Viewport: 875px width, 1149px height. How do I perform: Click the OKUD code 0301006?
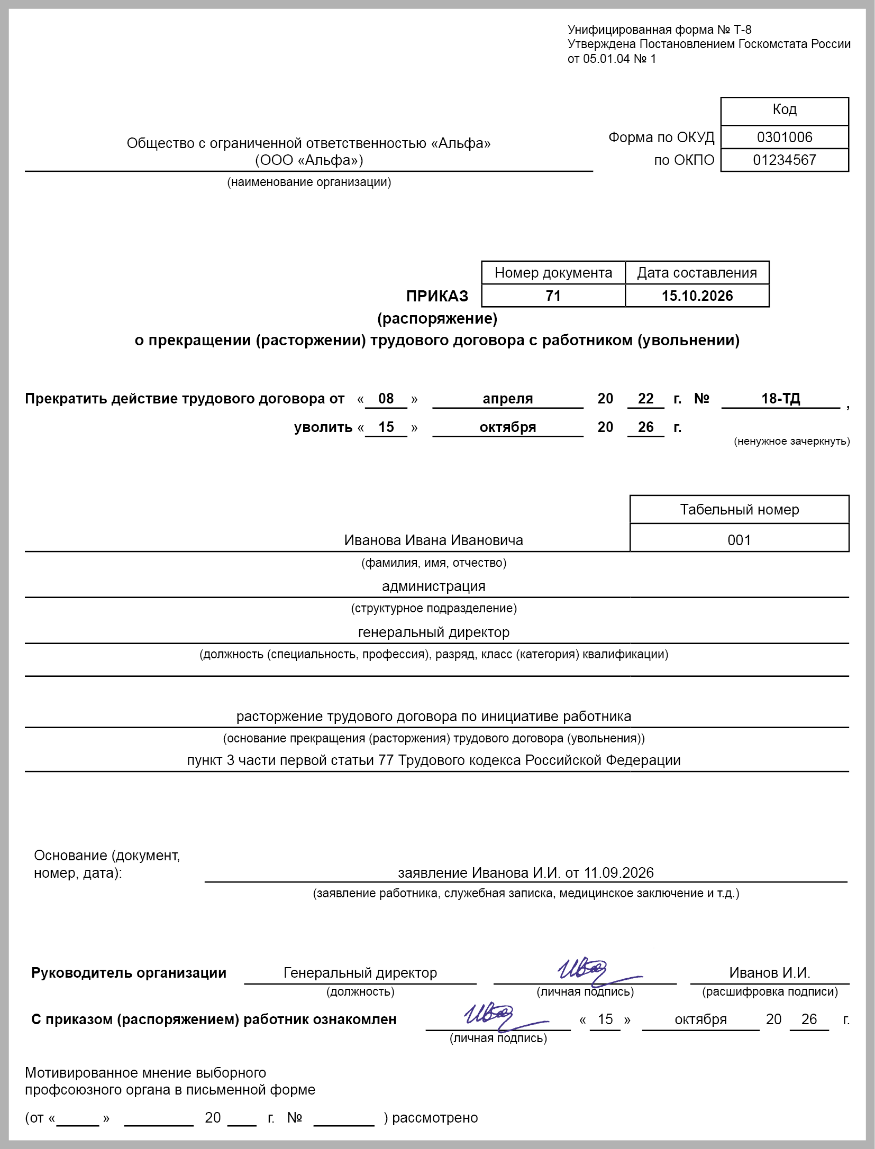(x=784, y=137)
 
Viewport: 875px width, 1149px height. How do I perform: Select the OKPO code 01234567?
(x=784, y=160)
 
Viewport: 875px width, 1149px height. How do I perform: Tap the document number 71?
(x=553, y=296)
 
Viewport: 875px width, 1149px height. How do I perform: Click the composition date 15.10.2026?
(x=697, y=296)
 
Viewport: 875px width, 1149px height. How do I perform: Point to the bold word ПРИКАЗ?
(x=437, y=296)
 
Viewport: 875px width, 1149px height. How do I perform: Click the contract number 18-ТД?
(x=780, y=399)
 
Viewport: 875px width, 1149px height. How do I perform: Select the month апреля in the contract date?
(x=507, y=399)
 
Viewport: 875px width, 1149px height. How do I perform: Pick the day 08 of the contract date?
(x=386, y=399)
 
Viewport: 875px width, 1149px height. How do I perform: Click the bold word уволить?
(x=323, y=427)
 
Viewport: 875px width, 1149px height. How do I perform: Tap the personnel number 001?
(x=739, y=540)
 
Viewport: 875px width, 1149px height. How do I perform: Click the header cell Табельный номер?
(x=739, y=510)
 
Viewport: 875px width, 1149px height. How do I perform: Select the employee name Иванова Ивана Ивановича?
(x=433, y=540)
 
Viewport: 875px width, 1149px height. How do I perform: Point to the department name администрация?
(x=433, y=586)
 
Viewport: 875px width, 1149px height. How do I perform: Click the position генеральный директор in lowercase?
(x=433, y=632)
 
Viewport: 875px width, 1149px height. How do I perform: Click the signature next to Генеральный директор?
(x=587, y=971)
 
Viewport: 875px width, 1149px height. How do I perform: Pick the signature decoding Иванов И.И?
(x=769, y=973)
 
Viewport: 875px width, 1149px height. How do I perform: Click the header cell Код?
(x=784, y=109)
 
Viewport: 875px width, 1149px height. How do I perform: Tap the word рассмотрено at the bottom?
(x=435, y=1118)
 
